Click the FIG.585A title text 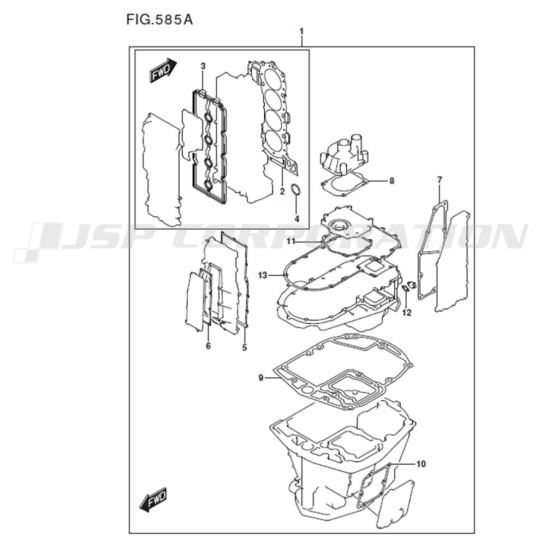click(159, 20)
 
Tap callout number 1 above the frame click(301, 31)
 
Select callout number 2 click(282, 191)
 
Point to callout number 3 click(203, 66)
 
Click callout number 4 click(296, 219)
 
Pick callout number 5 click(245, 347)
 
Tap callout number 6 click(208, 346)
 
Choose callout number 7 click(440, 180)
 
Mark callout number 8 click(391, 181)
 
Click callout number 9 click(261, 377)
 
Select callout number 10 click(421, 464)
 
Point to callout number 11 click(291, 241)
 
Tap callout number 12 click(407, 313)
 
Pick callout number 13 click(263, 275)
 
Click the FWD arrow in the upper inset click(163, 70)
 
